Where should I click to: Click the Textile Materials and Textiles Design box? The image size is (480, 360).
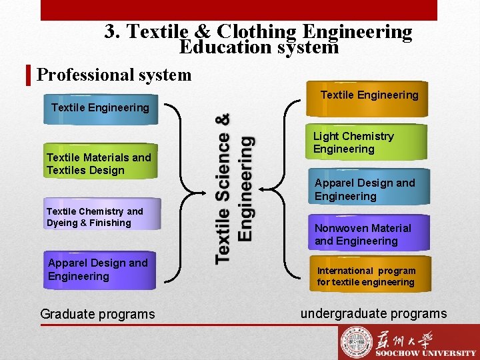coord(101,162)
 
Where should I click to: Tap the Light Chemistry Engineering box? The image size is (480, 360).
coord(368,142)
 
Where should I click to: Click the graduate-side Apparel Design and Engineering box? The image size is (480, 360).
coord(100,270)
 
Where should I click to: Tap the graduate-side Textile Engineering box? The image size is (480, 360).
coord(101,109)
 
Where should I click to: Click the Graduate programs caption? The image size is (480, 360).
coord(97,314)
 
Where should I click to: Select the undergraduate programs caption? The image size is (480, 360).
coord(373,313)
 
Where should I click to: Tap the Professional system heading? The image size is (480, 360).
coord(114,75)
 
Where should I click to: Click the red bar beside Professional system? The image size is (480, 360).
coord(29,75)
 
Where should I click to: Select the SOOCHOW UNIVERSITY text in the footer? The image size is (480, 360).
coord(425,353)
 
